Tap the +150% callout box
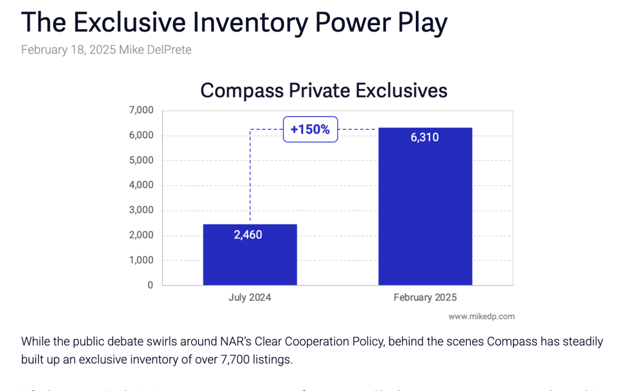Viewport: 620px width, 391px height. [310, 130]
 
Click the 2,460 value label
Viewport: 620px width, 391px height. [248, 235]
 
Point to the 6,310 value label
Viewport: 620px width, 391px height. [424, 137]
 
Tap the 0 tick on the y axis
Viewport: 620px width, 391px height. [150, 285]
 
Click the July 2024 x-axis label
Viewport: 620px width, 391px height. [249, 297]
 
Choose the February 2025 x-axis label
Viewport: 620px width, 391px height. [425, 297]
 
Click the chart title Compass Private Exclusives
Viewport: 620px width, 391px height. [324, 90]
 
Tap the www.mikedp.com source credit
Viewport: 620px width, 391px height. [481, 316]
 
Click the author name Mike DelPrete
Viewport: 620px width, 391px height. [155, 50]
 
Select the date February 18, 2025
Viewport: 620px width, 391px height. [68, 50]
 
